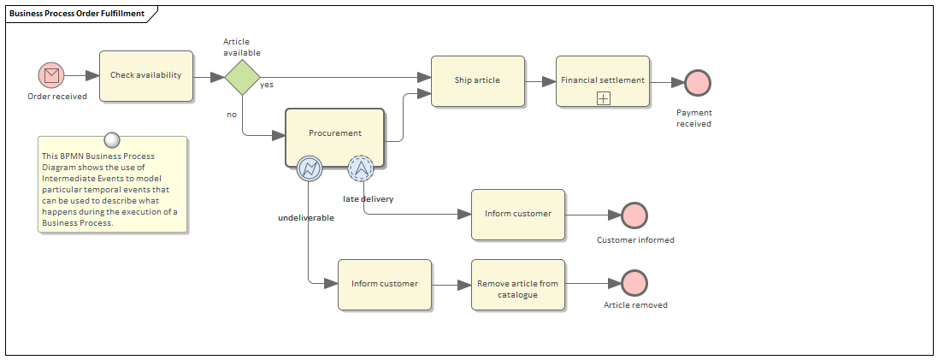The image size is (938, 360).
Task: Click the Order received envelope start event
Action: point(52,76)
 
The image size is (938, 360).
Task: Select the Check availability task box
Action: point(146,75)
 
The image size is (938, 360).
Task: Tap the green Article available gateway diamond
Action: point(242,76)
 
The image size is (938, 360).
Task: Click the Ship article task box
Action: point(477,81)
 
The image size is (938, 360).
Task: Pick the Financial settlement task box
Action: point(603,81)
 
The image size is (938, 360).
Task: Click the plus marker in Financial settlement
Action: point(603,98)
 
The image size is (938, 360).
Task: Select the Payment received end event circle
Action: point(698,82)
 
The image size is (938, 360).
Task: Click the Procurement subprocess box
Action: point(335,133)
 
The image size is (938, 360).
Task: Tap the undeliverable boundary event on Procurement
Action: point(309,168)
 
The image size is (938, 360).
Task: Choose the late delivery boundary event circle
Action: point(362,168)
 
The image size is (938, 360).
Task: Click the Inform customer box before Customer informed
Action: point(518,215)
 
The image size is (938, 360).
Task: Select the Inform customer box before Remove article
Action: point(385,284)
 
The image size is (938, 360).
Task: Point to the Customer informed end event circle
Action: point(634,215)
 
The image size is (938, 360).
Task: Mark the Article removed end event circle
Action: point(634,283)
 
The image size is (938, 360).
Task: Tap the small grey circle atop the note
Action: point(110,140)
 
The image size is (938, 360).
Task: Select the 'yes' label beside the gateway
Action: point(267,85)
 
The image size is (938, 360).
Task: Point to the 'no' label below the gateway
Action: point(231,114)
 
